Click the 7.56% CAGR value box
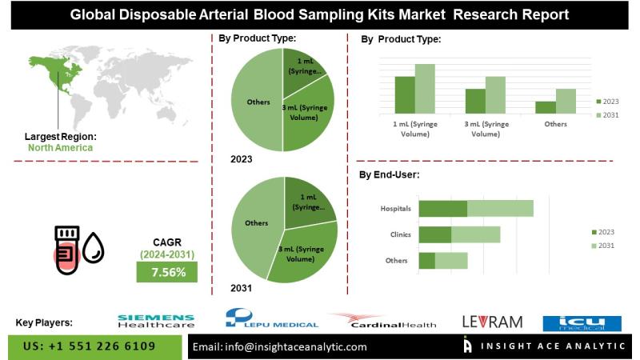point(169,272)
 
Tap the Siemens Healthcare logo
point(155,321)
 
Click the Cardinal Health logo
point(383,321)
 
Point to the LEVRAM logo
point(492,322)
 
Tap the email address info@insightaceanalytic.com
point(281,346)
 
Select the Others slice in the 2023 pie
point(256,102)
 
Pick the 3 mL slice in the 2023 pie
point(308,120)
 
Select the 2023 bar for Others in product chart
point(545,106)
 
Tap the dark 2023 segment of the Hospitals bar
point(442,209)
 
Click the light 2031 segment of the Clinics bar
point(475,234)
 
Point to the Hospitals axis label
point(396,209)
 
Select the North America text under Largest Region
point(60,147)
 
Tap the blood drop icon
point(94,249)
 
